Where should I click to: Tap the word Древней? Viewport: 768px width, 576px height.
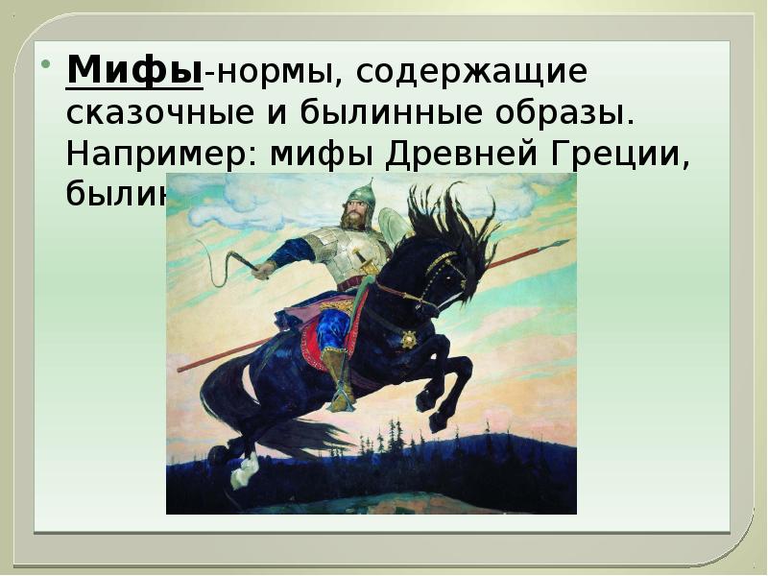click(465, 154)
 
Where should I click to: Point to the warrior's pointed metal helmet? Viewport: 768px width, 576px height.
click(360, 193)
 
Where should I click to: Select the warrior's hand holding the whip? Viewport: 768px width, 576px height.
click(260, 270)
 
